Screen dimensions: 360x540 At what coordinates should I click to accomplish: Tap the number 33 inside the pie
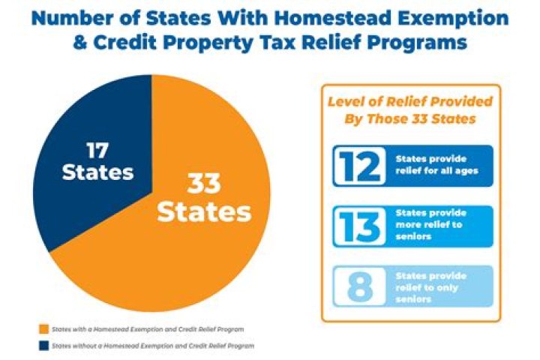204,181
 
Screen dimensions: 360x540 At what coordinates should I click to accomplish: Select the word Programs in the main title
420,43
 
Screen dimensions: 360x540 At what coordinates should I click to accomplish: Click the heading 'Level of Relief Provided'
409,101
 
